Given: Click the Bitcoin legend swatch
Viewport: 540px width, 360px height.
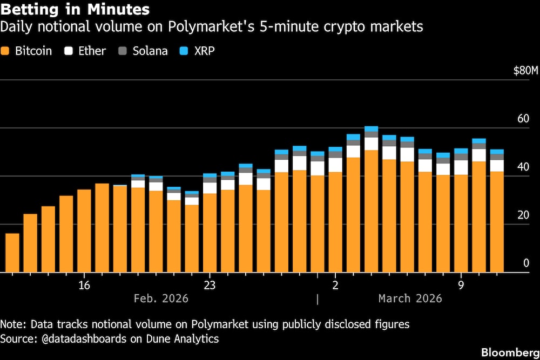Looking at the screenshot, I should (6, 51).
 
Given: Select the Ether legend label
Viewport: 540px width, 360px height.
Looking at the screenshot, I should (92, 51).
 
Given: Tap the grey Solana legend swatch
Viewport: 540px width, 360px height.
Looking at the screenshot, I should (122, 51).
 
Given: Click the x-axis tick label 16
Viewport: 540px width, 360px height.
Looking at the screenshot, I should (84, 285).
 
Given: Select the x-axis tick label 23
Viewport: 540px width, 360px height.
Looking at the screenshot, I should (210, 285).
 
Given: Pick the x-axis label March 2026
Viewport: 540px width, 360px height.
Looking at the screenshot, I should (410, 298).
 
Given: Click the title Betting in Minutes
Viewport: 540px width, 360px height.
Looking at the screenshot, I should (75, 10).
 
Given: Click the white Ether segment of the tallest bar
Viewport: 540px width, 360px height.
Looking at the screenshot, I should (371, 144).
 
